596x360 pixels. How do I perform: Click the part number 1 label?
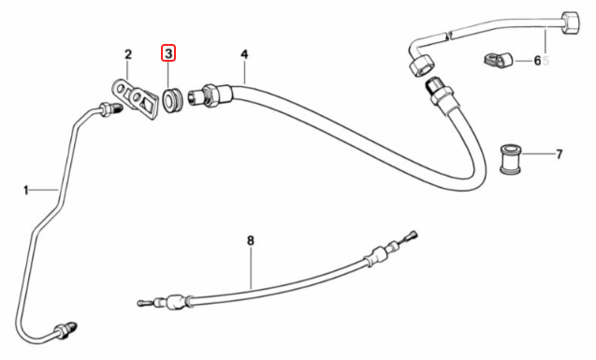pyautogui.click(x=27, y=191)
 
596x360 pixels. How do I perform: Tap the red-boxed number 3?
pyautogui.click(x=169, y=53)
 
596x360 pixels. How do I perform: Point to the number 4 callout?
pyautogui.click(x=244, y=53)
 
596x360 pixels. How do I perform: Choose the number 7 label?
pyautogui.click(x=559, y=152)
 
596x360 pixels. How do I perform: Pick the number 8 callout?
pyautogui.click(x=251, y=240)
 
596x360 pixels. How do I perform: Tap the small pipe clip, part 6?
pyautogui.click(x=496, y=63)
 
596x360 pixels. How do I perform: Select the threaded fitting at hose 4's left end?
pyautogui.click(x=205, y=95)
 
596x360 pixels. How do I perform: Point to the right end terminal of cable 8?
pyautogui.click(x=409, y=237)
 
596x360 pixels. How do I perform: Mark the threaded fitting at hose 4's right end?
pyautogui.click(x=436, y=91)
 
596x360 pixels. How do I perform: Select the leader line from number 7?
pyautogui.click(x=540, y=152)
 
